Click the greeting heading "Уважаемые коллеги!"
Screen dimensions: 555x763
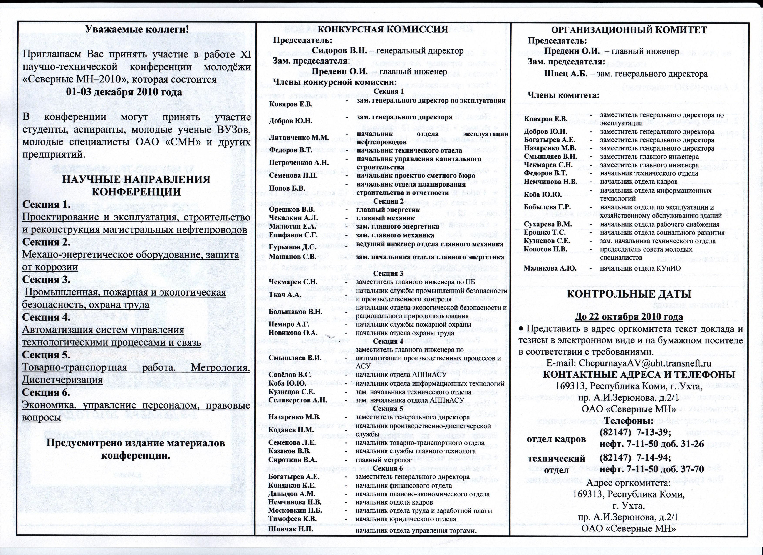[136, 30]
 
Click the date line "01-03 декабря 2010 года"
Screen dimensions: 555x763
[124, 92]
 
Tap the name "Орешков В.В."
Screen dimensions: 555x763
[292, 210]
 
